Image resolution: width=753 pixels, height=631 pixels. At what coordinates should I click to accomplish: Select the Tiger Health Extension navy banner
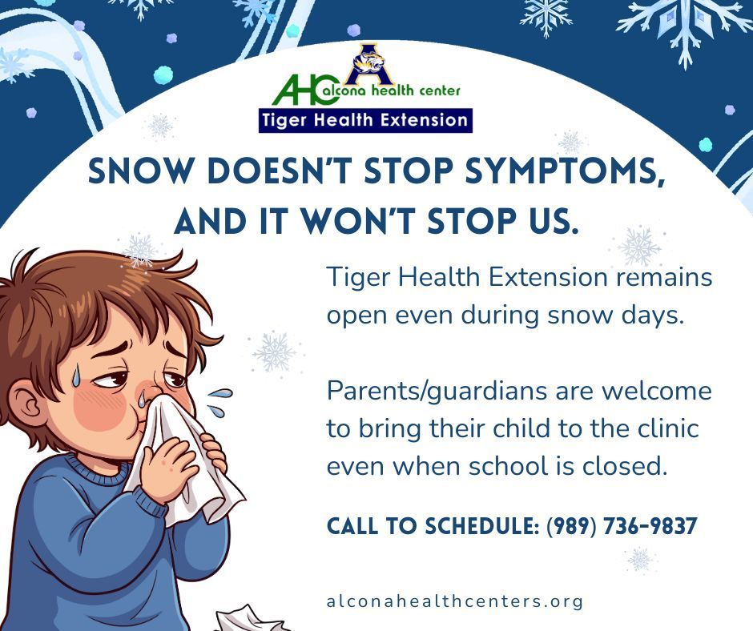(364, 120)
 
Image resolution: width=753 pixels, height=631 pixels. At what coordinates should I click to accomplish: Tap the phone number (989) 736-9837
(622, 527)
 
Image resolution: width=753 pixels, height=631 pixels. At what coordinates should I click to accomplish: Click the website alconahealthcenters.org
(454, 601)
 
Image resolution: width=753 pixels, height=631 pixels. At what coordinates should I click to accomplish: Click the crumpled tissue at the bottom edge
(248, 619)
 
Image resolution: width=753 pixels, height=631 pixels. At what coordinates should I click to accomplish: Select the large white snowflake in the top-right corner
(683, 24)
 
